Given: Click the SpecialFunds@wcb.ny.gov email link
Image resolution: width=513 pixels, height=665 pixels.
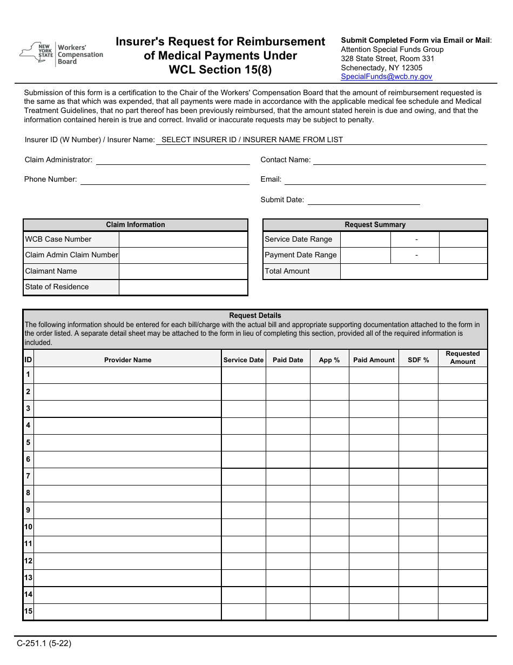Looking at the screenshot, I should (x=386, y=77).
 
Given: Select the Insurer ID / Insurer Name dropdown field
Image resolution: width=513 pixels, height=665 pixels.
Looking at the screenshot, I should (x=321, y=139).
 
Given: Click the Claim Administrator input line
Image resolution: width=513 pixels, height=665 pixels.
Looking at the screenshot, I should (x=173, y=160).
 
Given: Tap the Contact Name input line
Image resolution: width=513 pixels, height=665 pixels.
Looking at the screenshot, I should (x=399, y=160).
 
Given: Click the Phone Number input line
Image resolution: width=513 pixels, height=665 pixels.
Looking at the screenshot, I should (x=165, y=179).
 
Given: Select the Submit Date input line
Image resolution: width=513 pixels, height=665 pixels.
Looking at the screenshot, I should (x=363, y=200).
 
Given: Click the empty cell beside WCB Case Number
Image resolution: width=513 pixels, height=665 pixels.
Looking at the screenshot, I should (x=183, y=240).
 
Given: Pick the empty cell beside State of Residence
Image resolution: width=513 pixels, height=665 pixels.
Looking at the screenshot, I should (x=183, y=287).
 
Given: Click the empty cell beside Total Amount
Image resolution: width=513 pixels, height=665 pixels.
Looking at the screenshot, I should (x=414, y=271).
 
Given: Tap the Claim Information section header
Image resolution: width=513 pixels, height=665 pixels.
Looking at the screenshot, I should (x=136, y=225).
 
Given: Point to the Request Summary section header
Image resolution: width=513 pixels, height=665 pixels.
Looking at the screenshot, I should (x=375, y=225).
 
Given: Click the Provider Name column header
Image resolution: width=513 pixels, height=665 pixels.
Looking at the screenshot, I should (x=127, y=360).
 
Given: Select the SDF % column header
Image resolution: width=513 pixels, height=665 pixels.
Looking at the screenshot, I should (x=418, y=360).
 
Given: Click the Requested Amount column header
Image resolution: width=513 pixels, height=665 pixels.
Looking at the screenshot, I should (x=463, y=358).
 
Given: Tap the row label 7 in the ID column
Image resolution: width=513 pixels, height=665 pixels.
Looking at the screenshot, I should (x=28, y=476).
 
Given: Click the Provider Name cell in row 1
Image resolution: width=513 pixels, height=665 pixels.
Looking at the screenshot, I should (x=127, y=375).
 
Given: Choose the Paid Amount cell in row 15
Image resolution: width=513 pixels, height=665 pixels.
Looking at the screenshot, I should (x=374, y=611).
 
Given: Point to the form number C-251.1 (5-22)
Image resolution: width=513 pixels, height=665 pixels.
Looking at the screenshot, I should (x=44, y=643).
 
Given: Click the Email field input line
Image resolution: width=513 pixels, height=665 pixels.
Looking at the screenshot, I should (x=386, y=179).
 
